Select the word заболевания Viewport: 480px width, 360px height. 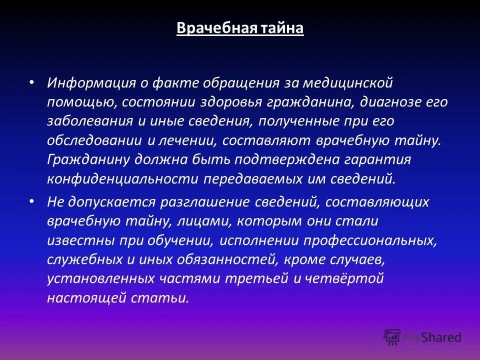tap(83, 121)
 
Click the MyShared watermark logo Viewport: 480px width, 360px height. tap(422, 337)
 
